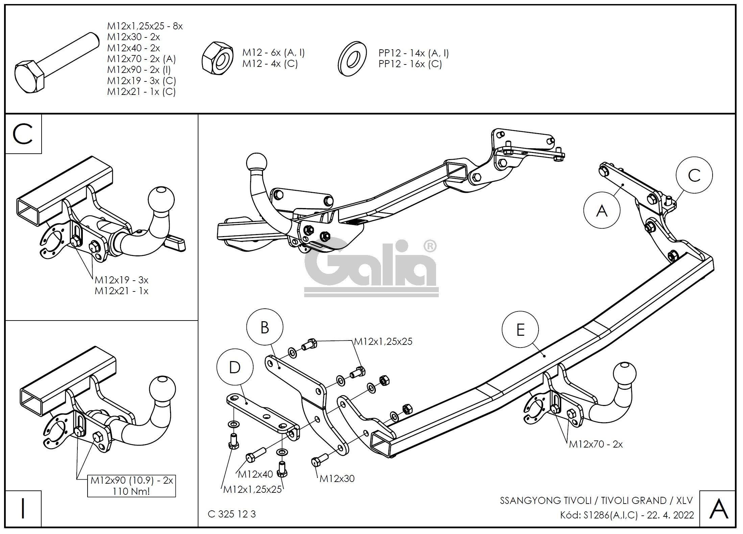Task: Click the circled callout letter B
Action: coord(265,327)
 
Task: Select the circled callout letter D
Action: coord(235,367)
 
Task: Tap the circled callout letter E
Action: coord(520,329)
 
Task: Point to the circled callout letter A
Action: coord(602,211)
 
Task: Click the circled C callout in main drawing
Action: coord(694,175)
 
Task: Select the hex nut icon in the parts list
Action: coord(217,58)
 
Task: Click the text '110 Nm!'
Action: coord(131,491)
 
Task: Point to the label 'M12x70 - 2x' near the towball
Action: coord(596,444)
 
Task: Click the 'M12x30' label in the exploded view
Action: coord(337,479)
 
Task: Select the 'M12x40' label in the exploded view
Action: coord(255,474)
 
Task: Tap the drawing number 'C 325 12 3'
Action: coord(232,514)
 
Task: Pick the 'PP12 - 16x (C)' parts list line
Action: coord(410,64)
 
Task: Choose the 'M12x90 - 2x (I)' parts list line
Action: coord(139,70)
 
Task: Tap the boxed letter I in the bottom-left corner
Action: coord(23,509)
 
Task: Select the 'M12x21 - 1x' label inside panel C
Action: coord(121,291)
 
